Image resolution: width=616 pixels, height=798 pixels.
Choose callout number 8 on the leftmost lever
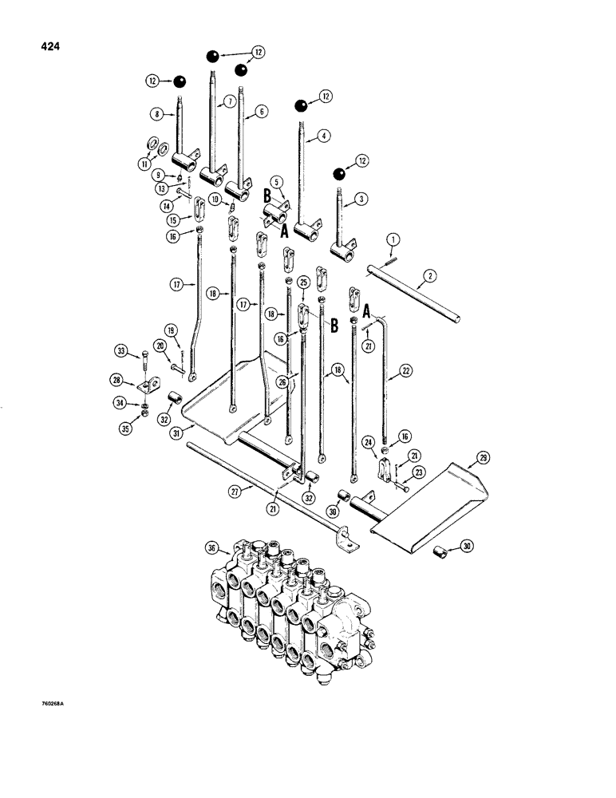tap(156, 115)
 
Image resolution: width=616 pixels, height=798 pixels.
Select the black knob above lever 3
tap(339, 173)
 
